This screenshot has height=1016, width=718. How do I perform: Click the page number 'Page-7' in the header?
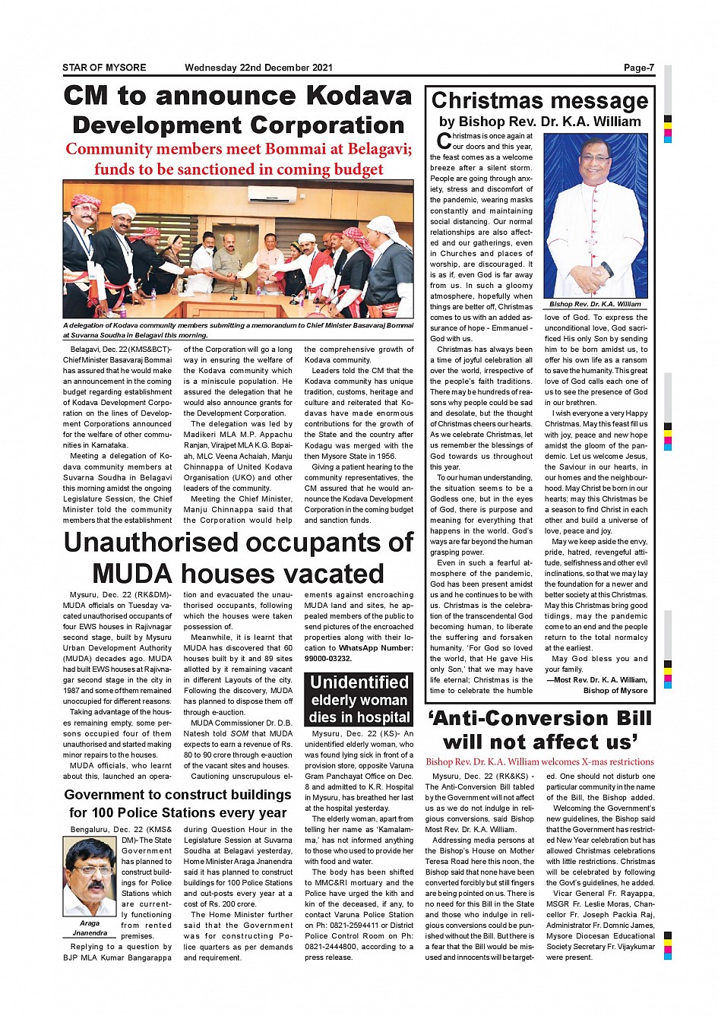[638, 68]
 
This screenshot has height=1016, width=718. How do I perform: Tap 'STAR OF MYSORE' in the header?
[104, 68]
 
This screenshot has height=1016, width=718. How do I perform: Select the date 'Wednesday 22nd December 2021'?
[258, 68]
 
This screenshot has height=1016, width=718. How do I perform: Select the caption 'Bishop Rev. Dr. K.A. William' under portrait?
[595, 304]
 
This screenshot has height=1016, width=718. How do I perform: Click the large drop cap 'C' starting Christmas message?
[444, 141]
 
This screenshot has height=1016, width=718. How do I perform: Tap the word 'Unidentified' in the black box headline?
[359, 682]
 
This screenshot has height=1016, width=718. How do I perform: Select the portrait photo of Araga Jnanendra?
[90, 876]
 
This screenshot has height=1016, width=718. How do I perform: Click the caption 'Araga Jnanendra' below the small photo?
[90, 928]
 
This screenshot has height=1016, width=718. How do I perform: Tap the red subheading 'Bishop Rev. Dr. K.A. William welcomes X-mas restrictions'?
[539, 761]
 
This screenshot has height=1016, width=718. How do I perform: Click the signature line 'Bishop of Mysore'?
[615, 691]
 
